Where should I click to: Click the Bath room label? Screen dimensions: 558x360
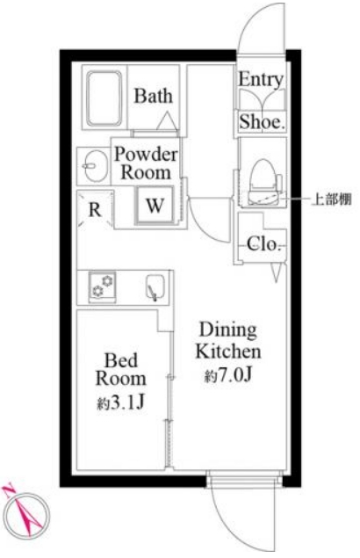[x=154, y=97]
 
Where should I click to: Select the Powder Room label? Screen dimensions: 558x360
[x=146, y=163]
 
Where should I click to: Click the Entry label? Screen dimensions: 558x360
[x=261, y=80]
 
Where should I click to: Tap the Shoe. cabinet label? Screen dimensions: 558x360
[x=261, y=123]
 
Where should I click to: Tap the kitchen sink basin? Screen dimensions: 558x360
[x=155, y=287]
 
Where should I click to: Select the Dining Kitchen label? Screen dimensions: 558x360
[x=228, y=341]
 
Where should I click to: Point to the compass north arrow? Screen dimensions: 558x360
[x=18, y=505]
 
